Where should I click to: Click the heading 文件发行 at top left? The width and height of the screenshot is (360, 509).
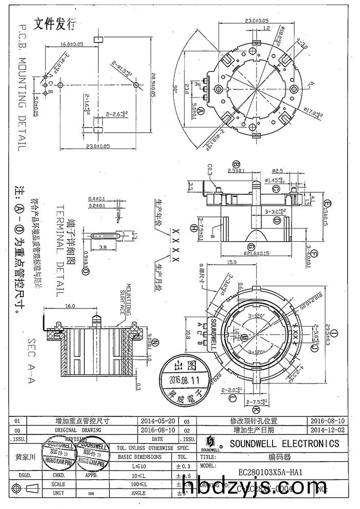55,23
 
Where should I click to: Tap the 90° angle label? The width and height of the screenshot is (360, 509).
175,89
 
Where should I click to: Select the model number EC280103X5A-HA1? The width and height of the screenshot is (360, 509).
270,472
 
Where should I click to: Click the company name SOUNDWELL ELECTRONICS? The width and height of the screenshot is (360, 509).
284,443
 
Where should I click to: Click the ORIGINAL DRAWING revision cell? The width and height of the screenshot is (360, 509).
78,429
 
